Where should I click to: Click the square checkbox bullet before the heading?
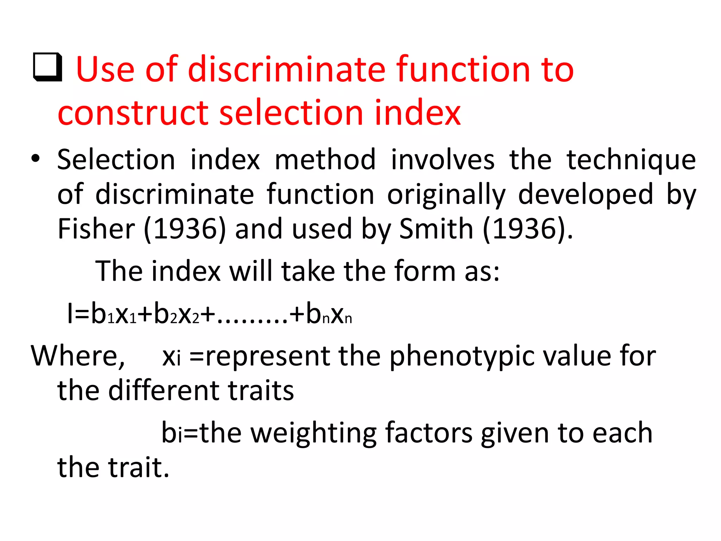tap(48, 67)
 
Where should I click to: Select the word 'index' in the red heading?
tap(418, 113)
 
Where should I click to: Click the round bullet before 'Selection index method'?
tap(36, 159)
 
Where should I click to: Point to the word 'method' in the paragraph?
tap(325, 160)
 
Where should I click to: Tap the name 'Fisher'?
tap(96, 229)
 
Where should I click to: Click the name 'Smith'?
tap(436, 229)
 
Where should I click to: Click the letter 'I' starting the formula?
tap(70, 313)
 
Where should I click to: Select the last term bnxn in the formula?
tap(329, 314)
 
